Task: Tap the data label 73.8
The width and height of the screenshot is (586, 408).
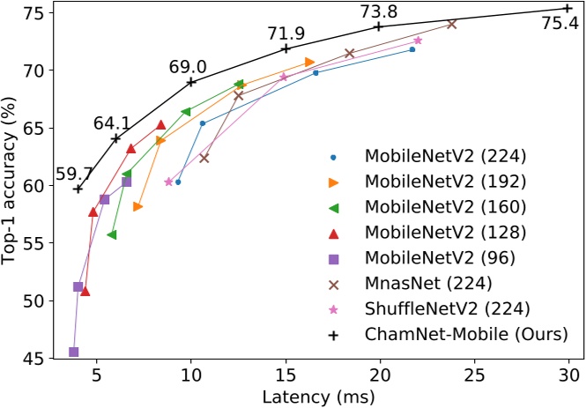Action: [378, 11]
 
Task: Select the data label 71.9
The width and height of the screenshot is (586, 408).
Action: [286, 33]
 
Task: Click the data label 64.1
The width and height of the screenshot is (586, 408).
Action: [112, 122]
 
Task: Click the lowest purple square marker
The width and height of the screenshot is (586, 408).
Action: [73, 352]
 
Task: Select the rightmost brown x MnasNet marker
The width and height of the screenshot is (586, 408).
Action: [451, 24]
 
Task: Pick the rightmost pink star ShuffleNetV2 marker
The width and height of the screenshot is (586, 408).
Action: [418, 41]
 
